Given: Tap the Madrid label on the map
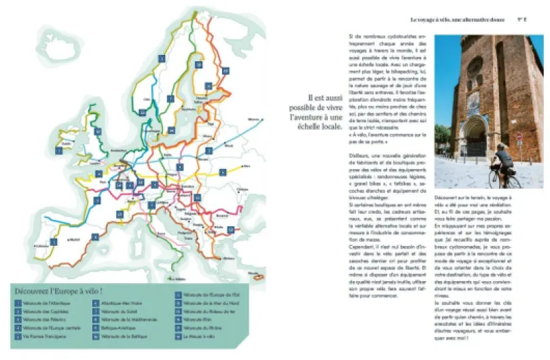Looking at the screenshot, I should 75,238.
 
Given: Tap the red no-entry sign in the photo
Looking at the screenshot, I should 519,137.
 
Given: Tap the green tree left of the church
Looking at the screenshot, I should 442,136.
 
